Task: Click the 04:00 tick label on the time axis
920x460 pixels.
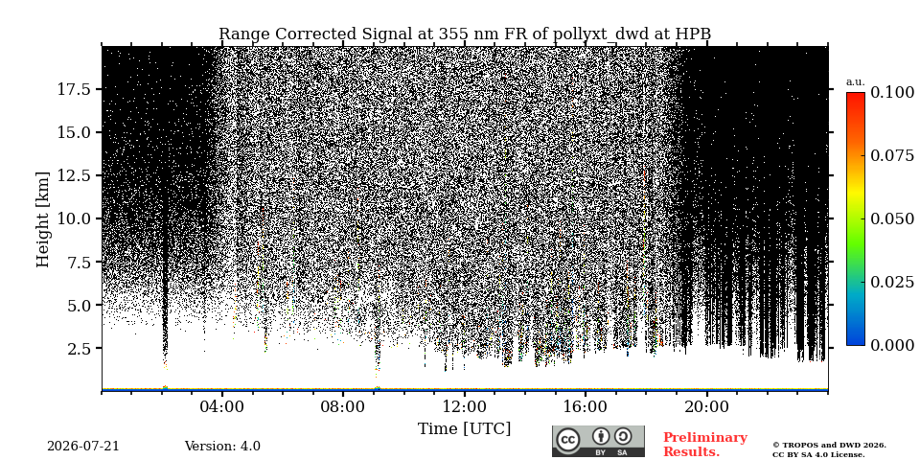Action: click(221, 406)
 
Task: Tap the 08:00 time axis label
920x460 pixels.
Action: click(343, 406)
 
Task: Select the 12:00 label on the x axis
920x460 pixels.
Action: click(464, 406)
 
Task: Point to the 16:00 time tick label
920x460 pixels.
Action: click(585, 406)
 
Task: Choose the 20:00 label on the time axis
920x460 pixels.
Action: click(706, 406)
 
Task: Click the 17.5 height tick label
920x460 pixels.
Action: click(74, 89)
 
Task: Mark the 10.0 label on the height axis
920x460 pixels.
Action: click(74, 218)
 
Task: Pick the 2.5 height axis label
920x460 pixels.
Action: click(79, 349)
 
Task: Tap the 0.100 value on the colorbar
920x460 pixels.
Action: click(892, 92)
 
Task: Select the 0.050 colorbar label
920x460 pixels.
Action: click(892, 218)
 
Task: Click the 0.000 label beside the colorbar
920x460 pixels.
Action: click(892, 345)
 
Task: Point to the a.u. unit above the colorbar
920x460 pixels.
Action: click(855, 82)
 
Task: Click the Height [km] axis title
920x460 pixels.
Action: click(43, 219)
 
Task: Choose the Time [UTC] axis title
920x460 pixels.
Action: click(464, 429)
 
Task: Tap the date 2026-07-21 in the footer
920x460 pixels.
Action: click(83, 447)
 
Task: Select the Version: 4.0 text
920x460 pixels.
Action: click(222, 447)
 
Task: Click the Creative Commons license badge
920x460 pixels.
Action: click(598, 441)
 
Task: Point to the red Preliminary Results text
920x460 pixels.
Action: click(705, 445)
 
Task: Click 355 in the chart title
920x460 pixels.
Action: click(450, 34)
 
